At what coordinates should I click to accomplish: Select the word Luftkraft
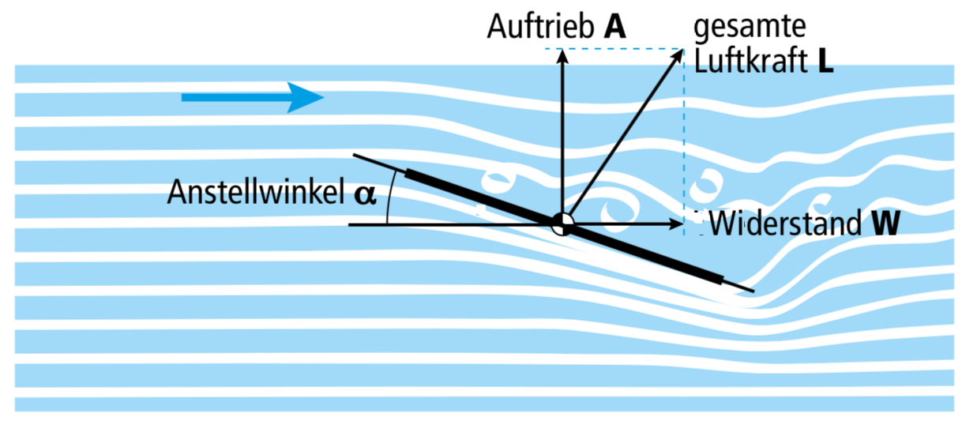point(750,62)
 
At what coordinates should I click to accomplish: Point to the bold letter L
point(825,62)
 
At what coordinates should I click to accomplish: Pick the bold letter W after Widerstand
point(885,224)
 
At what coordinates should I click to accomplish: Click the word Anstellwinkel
point(253,193)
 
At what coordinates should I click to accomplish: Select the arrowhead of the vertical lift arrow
point(562,56)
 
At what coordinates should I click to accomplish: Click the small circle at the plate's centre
point(562,224)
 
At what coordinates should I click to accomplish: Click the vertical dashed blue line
point(683,134)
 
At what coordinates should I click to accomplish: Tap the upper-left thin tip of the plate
point(357,155)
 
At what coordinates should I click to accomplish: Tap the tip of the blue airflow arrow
point(322,97)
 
